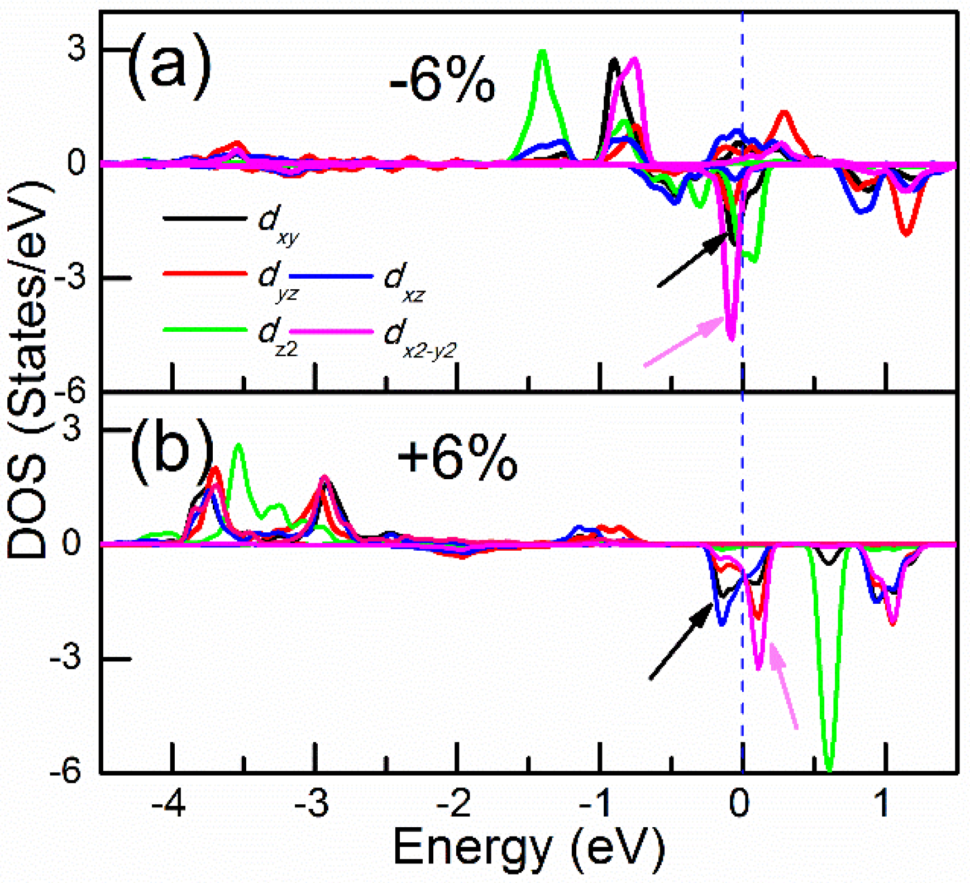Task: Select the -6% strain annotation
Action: pyautogui.click(x=442, y=84)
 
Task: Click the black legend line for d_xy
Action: pyautogui.click(x=204, y=218)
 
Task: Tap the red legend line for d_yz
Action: pyautogui.click(x=204, y=274)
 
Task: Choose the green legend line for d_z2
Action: pyautogui.click(x=204, y=330)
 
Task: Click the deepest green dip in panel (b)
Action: pyautogui.click(x=829, y=768)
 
